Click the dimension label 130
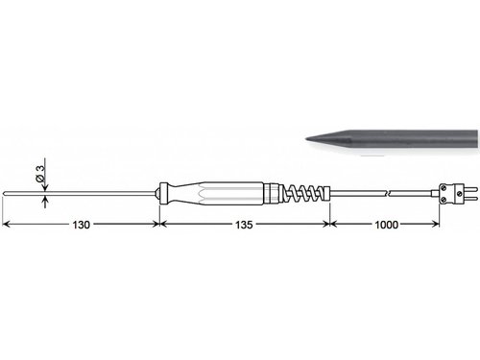[x=81, y=225]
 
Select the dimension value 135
[x=244, y=225]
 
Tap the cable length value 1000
[x=386, y=225]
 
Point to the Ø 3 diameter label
[x=41, y=174]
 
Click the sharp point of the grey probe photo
[x=306, y=139]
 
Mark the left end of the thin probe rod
[x=4, y=193]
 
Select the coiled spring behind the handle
[x=303, y=194]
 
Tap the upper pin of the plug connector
[x=471, y=188]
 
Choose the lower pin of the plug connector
[x=471, y=199]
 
